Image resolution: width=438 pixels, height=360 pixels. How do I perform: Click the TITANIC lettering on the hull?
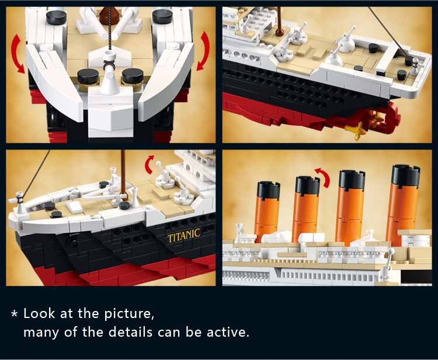[x=184, y=236]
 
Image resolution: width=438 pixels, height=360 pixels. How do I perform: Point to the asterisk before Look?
[x=15, y=314]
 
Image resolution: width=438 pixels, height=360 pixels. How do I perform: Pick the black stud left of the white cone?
[x=88, y=76]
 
